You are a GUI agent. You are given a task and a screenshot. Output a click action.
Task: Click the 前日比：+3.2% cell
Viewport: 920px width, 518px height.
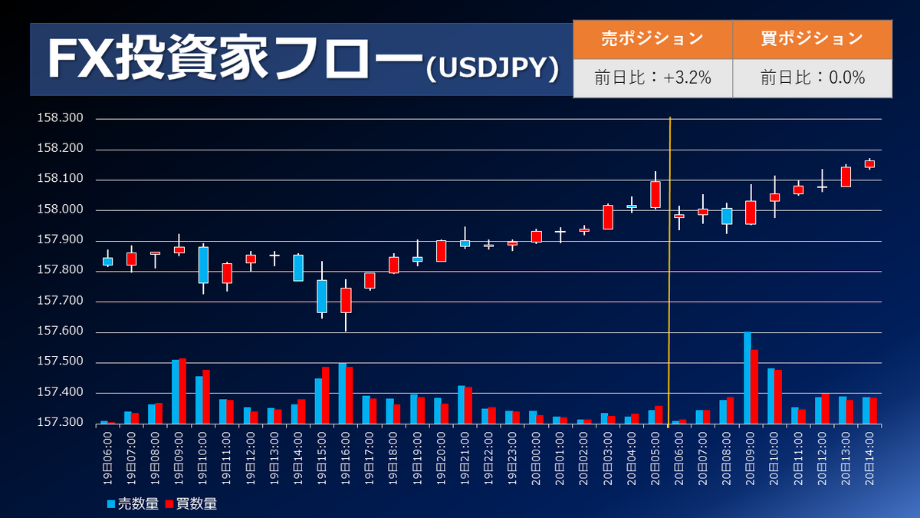pos(652,78)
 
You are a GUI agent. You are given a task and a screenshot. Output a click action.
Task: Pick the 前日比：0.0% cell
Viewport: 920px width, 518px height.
pos(813,78)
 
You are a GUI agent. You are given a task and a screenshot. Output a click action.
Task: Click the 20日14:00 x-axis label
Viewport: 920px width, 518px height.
pos(870,457)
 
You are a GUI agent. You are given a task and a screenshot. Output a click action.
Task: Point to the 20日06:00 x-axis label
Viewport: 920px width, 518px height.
pos(679,457)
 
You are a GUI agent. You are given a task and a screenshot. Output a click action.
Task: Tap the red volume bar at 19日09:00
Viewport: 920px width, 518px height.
pos(182,391)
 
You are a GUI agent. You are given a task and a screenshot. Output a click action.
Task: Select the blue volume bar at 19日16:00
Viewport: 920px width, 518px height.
pos(342,394)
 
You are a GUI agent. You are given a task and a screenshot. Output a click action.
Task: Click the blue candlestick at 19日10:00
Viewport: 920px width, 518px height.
pos(203,265)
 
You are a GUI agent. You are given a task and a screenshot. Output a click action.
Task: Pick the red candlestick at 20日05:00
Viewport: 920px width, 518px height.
pos(655,194)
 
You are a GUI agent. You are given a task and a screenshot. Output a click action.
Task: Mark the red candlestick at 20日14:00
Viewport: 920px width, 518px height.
pos(869,163)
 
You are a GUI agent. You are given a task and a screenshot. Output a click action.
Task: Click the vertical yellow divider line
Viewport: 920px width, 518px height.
pos(670,269)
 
